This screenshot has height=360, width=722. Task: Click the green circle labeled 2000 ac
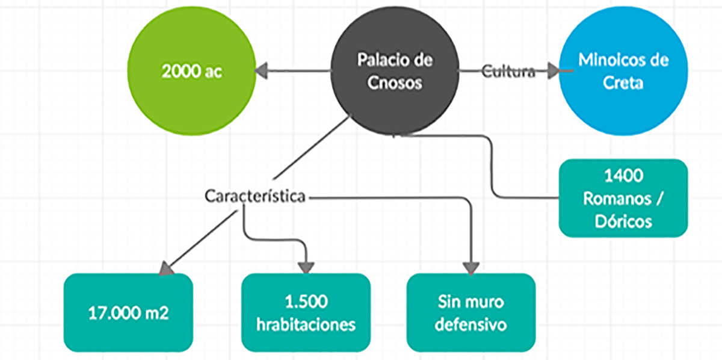tap(192, 72)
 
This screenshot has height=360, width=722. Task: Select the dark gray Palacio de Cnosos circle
tap(395, 72)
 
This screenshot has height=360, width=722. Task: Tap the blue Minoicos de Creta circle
tap(623, 72)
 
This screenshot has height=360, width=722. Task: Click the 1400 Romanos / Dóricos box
tap(623, 198)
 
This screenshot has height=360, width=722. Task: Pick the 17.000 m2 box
tap(128, 312)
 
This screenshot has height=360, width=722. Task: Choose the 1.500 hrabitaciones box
tap(306, 312)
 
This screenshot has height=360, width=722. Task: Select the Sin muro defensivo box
tap(471, 312)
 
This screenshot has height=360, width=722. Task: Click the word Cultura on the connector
tap(508, 72)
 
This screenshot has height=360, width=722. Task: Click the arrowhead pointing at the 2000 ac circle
tap(261, 72)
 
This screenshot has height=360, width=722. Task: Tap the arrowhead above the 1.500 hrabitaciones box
tap(307, 266)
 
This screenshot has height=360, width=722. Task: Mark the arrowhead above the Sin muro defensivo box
tap(471, 267)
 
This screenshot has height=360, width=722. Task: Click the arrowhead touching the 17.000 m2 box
tap(166, 268)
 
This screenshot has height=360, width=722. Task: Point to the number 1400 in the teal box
tap(623, 176)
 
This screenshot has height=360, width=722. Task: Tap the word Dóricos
tap(623, 221)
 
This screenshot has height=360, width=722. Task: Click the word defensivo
tap(471, 324)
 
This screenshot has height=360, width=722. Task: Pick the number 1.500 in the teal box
tap(306, 301)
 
